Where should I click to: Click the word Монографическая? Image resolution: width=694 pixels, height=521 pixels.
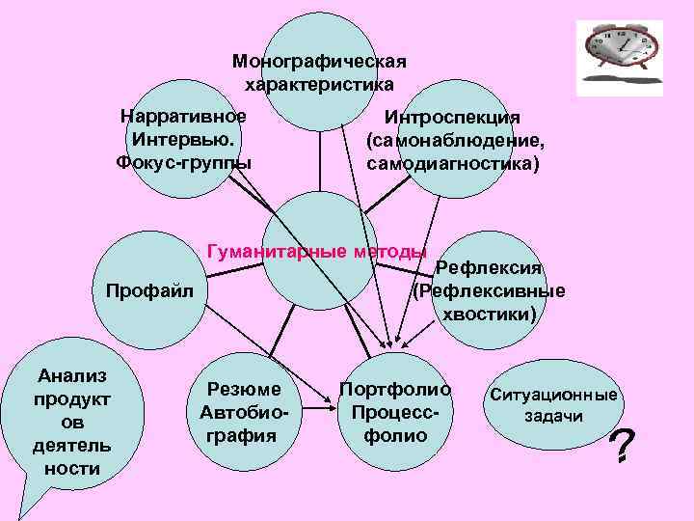click(319, 62)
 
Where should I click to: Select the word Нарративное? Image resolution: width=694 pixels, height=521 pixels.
click(183, 117)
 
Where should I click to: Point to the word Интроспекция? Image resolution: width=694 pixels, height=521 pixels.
click(453, 118)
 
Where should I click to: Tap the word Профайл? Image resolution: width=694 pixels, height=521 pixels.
click(149, 289)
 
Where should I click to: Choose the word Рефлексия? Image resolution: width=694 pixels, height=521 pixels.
click(490, 267)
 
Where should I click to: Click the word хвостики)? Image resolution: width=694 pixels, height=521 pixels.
click(489, 314)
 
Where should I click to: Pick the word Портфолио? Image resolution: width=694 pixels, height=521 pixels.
click(395, 390)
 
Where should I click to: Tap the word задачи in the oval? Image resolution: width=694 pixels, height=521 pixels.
click(553, 416)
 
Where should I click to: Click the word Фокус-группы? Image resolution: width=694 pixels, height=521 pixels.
click(183, 161)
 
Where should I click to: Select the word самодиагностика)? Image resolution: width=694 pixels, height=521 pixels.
click(453, 163)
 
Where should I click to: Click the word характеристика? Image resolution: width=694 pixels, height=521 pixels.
click(319, 84)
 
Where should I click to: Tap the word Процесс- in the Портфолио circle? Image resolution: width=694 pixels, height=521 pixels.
click(395, 412)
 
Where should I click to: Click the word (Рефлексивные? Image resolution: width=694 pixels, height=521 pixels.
click(489, 290)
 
